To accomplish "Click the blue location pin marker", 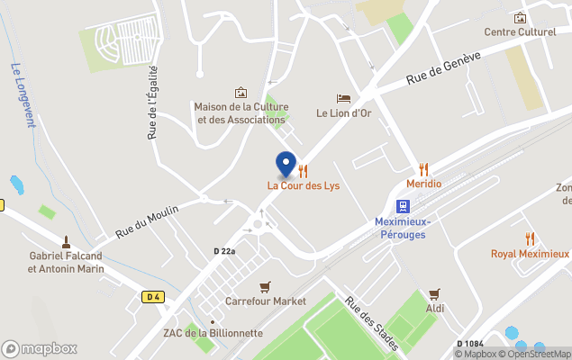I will [286, 164].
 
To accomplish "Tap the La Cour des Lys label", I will [303, 186].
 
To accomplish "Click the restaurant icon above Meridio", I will [423, 168].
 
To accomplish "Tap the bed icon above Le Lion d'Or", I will [343, 98].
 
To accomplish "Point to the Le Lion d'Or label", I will [343, 113].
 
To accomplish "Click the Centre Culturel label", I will [521, 32].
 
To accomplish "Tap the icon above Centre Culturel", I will [520, 17].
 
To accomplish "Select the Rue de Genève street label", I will [443, 67].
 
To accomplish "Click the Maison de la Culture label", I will [241, 113].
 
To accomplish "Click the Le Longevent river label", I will [23, 94].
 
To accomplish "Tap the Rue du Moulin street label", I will [147, 221].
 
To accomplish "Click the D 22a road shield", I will [224, 251].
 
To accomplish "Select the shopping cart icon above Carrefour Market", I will [264, 287].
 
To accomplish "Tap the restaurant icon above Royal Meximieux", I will [530, 238].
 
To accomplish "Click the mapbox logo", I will [40, 348].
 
